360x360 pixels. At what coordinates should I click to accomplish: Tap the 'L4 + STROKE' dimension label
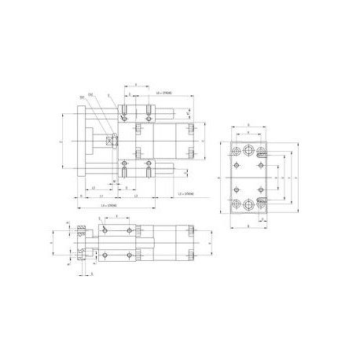111,205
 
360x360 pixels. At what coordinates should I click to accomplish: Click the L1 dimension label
101,197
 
